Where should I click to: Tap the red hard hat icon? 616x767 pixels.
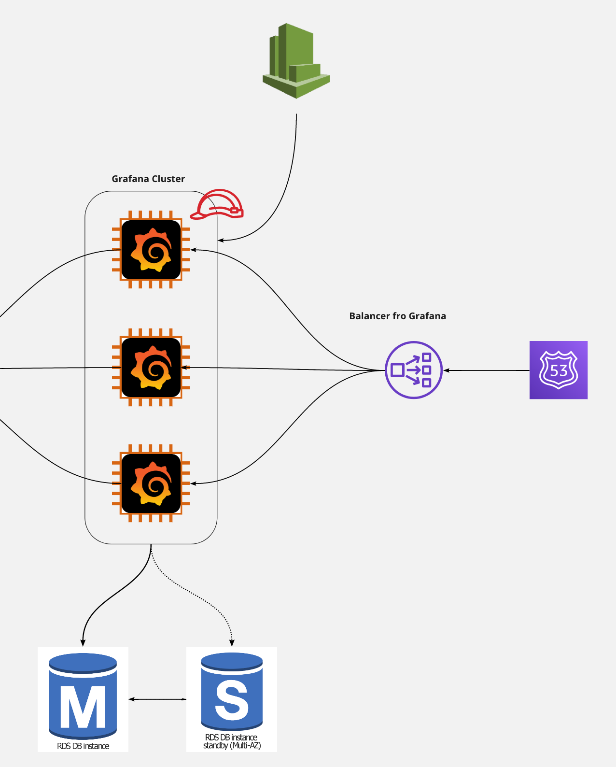pos(217,205)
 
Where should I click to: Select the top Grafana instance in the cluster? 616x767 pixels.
pos(151,250)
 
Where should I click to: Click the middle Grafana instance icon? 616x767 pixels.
pos(151,368)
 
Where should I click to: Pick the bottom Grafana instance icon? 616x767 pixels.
pos(151,483)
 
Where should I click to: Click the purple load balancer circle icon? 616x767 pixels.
pos(414,370)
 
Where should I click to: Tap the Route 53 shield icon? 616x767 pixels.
pos(559,370)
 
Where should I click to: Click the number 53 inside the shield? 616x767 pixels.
pos(559,371)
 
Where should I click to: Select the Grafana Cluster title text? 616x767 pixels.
pos(148,179)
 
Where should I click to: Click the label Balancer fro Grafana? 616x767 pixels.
pos(397,316)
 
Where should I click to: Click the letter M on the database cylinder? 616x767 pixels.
pos(83,706)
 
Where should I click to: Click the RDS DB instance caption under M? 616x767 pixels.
pos(83,746)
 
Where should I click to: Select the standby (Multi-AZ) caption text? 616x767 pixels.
pos(232,746)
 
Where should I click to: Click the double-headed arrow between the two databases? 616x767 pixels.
pos(157,699)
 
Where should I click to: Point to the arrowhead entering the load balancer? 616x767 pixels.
pos(447,370)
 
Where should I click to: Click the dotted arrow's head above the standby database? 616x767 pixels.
pos(232,643)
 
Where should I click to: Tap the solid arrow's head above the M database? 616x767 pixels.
pos(83,643)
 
